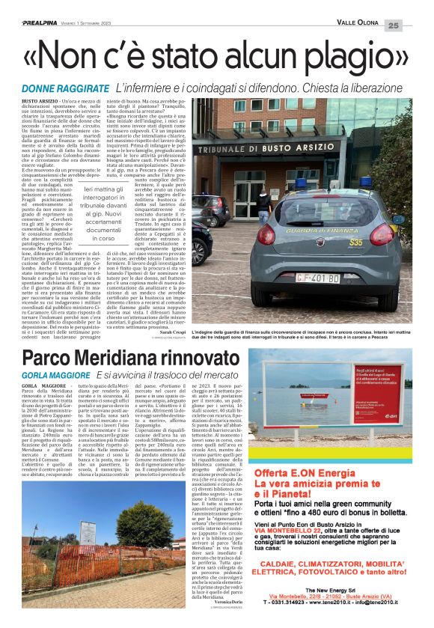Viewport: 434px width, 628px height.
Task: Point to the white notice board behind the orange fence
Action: (x=88, y=534)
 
